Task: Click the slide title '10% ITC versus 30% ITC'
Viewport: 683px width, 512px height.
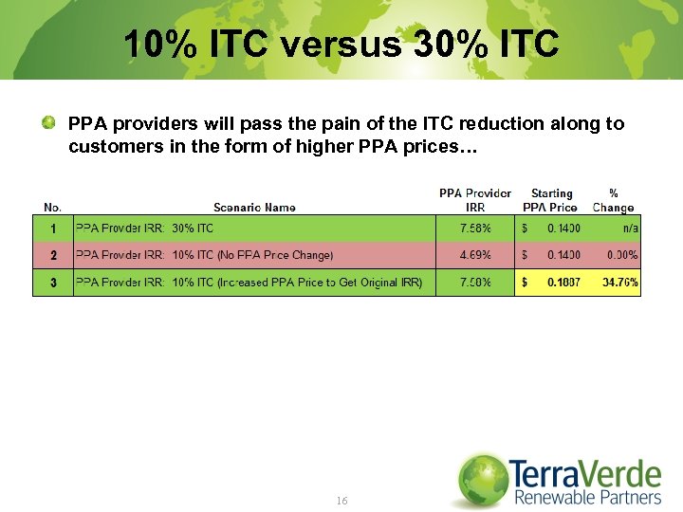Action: point(341,43)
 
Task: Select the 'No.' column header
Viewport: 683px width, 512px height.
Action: point(52,208)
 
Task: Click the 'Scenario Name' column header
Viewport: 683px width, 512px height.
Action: point(254,208)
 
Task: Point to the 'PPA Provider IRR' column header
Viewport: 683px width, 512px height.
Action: point(474,200)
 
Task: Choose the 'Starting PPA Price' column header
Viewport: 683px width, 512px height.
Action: point(551,200)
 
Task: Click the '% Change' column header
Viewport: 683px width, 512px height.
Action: point(613,200)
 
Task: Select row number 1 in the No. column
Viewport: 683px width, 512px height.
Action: point(53,229)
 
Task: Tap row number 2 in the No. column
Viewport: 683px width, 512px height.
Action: point(53,255)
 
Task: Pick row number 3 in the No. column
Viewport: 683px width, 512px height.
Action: point(53,283)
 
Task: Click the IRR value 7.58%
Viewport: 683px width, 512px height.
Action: point(475,229)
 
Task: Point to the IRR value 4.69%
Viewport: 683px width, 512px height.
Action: point(475,255)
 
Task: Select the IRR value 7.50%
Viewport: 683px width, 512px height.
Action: point(475,283)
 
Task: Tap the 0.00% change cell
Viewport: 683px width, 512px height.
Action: point(621,255)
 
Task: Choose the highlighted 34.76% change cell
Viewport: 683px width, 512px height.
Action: point(620,283)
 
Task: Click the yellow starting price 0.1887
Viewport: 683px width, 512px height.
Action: point(563,283)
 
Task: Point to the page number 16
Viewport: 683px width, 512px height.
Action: point(341,500)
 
